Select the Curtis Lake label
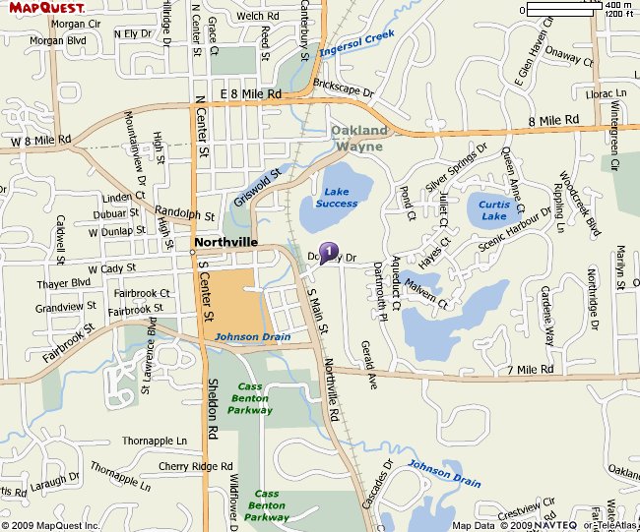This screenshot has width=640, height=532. point(492,209)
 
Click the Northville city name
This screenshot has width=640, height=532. point(225,241)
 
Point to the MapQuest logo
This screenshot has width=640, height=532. point(47,9)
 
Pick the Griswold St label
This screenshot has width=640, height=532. point(258,186)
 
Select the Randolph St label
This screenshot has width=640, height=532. point(185,213)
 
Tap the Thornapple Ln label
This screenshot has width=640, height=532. point(155,441)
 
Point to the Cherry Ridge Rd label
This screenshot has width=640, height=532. point(195,466)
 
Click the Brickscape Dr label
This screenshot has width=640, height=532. point(344,91)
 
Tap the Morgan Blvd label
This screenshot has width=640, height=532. point(58,41)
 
